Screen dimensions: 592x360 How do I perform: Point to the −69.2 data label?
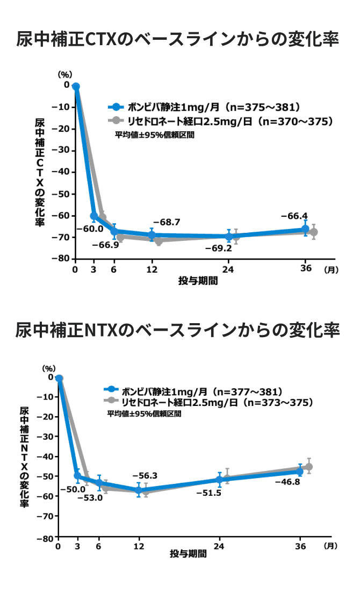coord(218,248)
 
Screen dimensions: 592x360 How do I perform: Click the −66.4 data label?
coord(294,216)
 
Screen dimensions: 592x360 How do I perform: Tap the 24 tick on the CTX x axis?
coord(229,269)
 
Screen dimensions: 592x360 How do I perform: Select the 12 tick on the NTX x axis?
coord(139,547)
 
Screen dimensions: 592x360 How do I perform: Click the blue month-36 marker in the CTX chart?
coord(305,230)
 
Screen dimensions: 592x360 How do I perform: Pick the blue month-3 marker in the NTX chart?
coord(78,476)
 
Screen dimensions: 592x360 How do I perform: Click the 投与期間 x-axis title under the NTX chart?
coord(188,554)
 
